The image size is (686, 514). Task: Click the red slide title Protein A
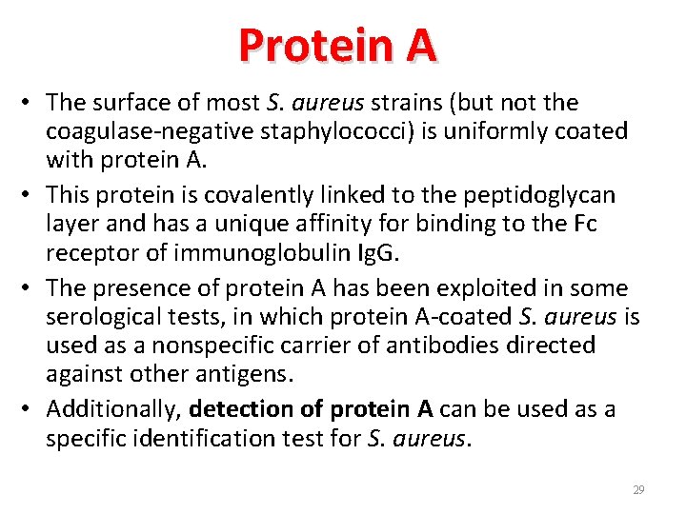coord(337,45)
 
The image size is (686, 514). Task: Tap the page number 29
coord(638,490)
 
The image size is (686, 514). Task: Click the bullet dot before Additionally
coord(31,410)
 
